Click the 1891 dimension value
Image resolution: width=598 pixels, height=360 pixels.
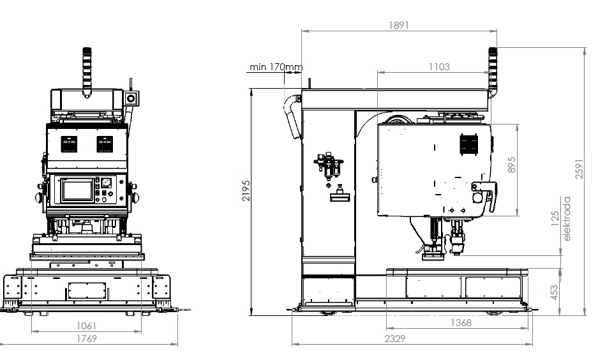398,25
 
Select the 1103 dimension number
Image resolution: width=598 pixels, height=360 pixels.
439,67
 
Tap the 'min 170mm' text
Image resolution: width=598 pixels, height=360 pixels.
276,67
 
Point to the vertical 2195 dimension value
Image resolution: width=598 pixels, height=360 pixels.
246,191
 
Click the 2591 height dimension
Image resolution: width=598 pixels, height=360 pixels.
579,169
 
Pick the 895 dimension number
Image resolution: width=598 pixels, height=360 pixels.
512,165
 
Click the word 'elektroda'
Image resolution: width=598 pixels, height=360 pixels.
567,218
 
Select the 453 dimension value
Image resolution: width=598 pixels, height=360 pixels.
555,292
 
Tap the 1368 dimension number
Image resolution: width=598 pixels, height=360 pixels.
461,322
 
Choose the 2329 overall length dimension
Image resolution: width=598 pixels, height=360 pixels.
394,338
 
